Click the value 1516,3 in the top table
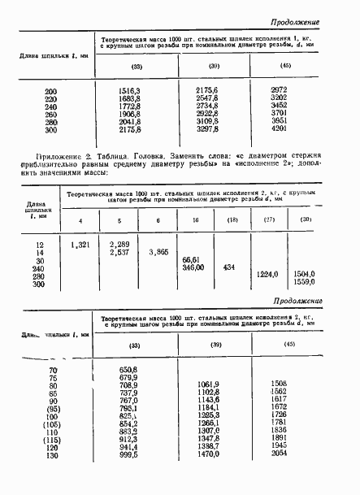130,89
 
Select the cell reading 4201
280,128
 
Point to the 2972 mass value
280,89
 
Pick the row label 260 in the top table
51,113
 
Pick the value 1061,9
209,384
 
